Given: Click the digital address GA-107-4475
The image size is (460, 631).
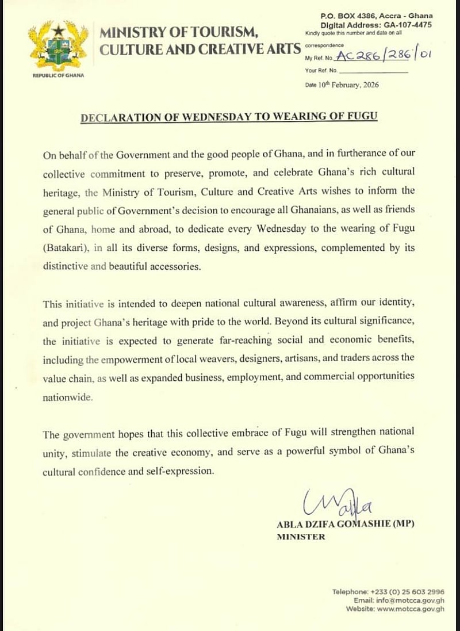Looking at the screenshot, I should pyautogui.click(x=407, y=25).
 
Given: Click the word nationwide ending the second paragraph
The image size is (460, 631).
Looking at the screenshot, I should pyautogui.click(x=66, y=396).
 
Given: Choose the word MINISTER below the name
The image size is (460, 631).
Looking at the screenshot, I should pyautogui.click(x=301, y=537).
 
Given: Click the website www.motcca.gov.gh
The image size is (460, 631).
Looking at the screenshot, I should pyautogui.click(x=411, y=609).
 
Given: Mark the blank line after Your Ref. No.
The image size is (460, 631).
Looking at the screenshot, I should pyautogui.click(x=374, y=72).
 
